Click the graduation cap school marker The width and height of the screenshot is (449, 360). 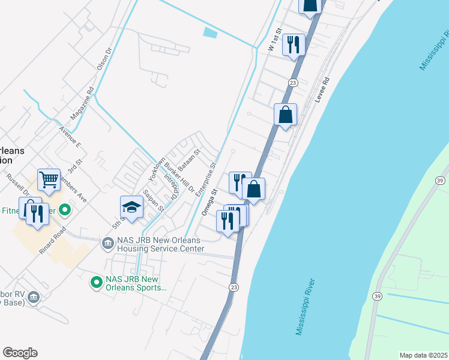[132, 207]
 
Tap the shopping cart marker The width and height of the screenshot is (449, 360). [49, 179]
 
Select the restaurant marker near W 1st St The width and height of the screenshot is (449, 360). [294, 45]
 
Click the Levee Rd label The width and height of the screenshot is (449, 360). [323, 89]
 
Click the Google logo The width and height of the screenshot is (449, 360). [20, 353]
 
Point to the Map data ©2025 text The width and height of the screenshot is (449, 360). [423, 355]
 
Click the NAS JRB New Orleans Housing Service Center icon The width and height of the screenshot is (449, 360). [107, 243]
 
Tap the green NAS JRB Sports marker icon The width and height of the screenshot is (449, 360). [96, 281]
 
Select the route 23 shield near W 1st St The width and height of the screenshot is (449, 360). [292, 83]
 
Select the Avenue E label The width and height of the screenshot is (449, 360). [70, 137]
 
